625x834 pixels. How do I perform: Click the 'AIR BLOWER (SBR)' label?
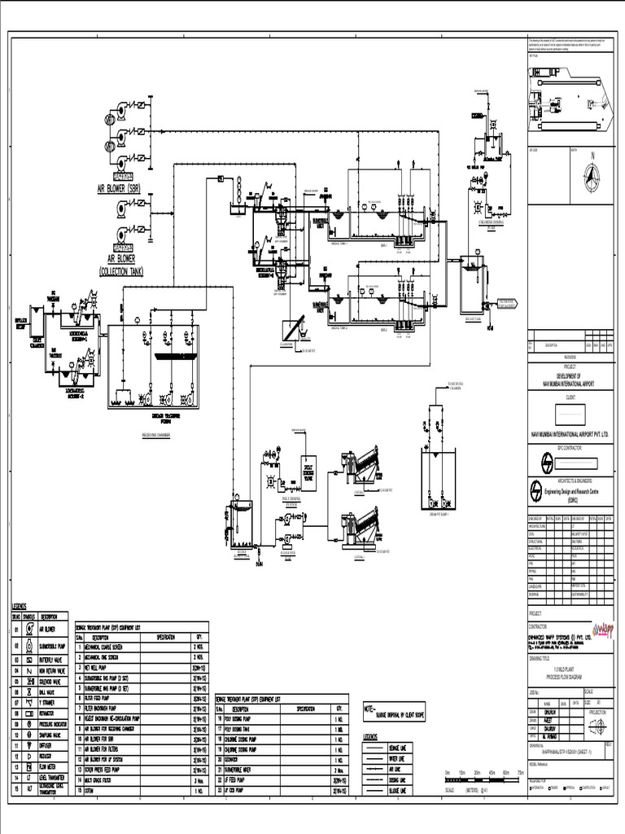(125, 188)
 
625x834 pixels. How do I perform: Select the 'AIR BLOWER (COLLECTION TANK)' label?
(120, 265)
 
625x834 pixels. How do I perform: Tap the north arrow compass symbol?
(592, 175)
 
